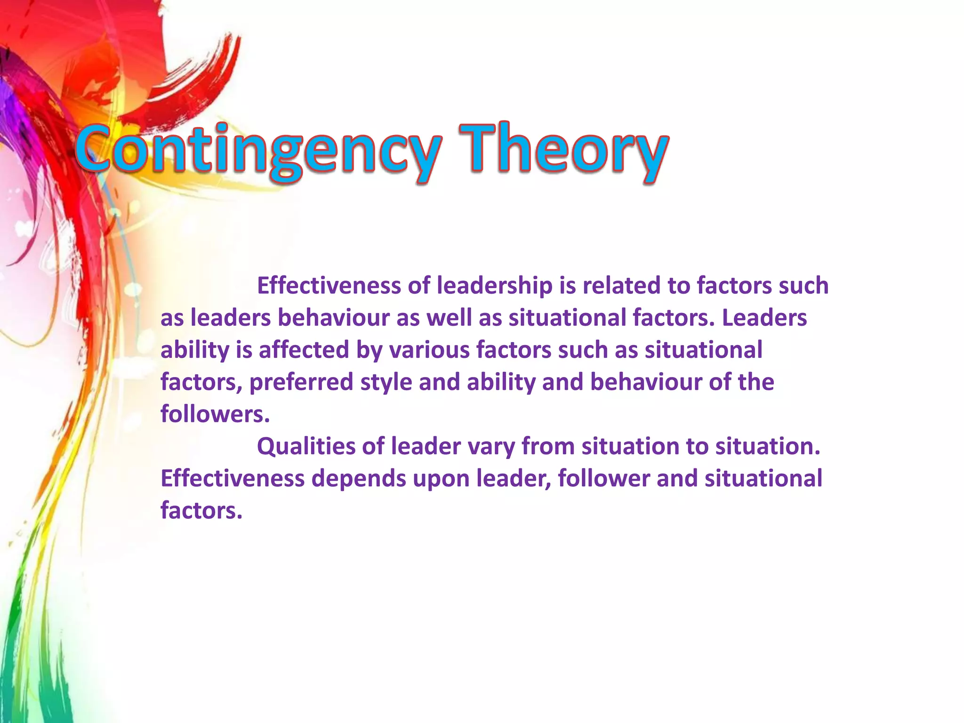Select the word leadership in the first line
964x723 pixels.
[494, 286]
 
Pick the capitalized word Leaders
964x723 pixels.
[764, 318]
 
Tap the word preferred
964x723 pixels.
[301, 382]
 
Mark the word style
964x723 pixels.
[386, 382]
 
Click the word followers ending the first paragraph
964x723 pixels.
[215, 414]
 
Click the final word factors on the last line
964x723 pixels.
[201, 511]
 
